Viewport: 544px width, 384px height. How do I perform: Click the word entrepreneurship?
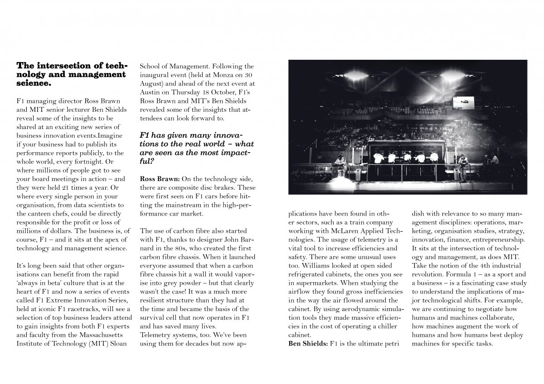tap(496, 240)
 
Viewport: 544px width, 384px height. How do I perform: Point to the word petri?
tap(389, 344)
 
